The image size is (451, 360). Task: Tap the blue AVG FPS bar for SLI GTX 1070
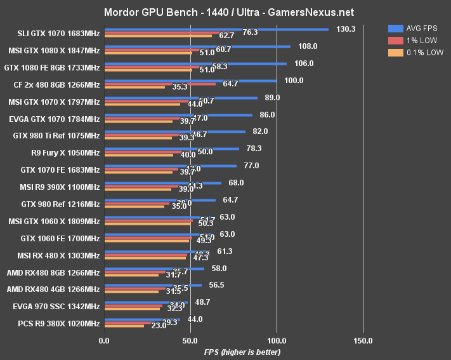point(216,29)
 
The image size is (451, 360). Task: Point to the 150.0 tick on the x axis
point(363,340)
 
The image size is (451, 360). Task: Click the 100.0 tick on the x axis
point(277,340)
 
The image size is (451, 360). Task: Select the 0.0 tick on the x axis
point(104,340)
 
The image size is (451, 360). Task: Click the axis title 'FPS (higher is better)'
point(242,352)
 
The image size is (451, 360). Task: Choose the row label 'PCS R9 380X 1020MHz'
point(60,323)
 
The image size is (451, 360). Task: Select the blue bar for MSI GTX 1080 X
point(197,46)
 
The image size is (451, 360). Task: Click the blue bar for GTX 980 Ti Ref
point(174,131)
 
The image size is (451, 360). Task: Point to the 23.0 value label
point(159,325)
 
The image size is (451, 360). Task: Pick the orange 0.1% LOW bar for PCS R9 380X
point(124,326)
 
